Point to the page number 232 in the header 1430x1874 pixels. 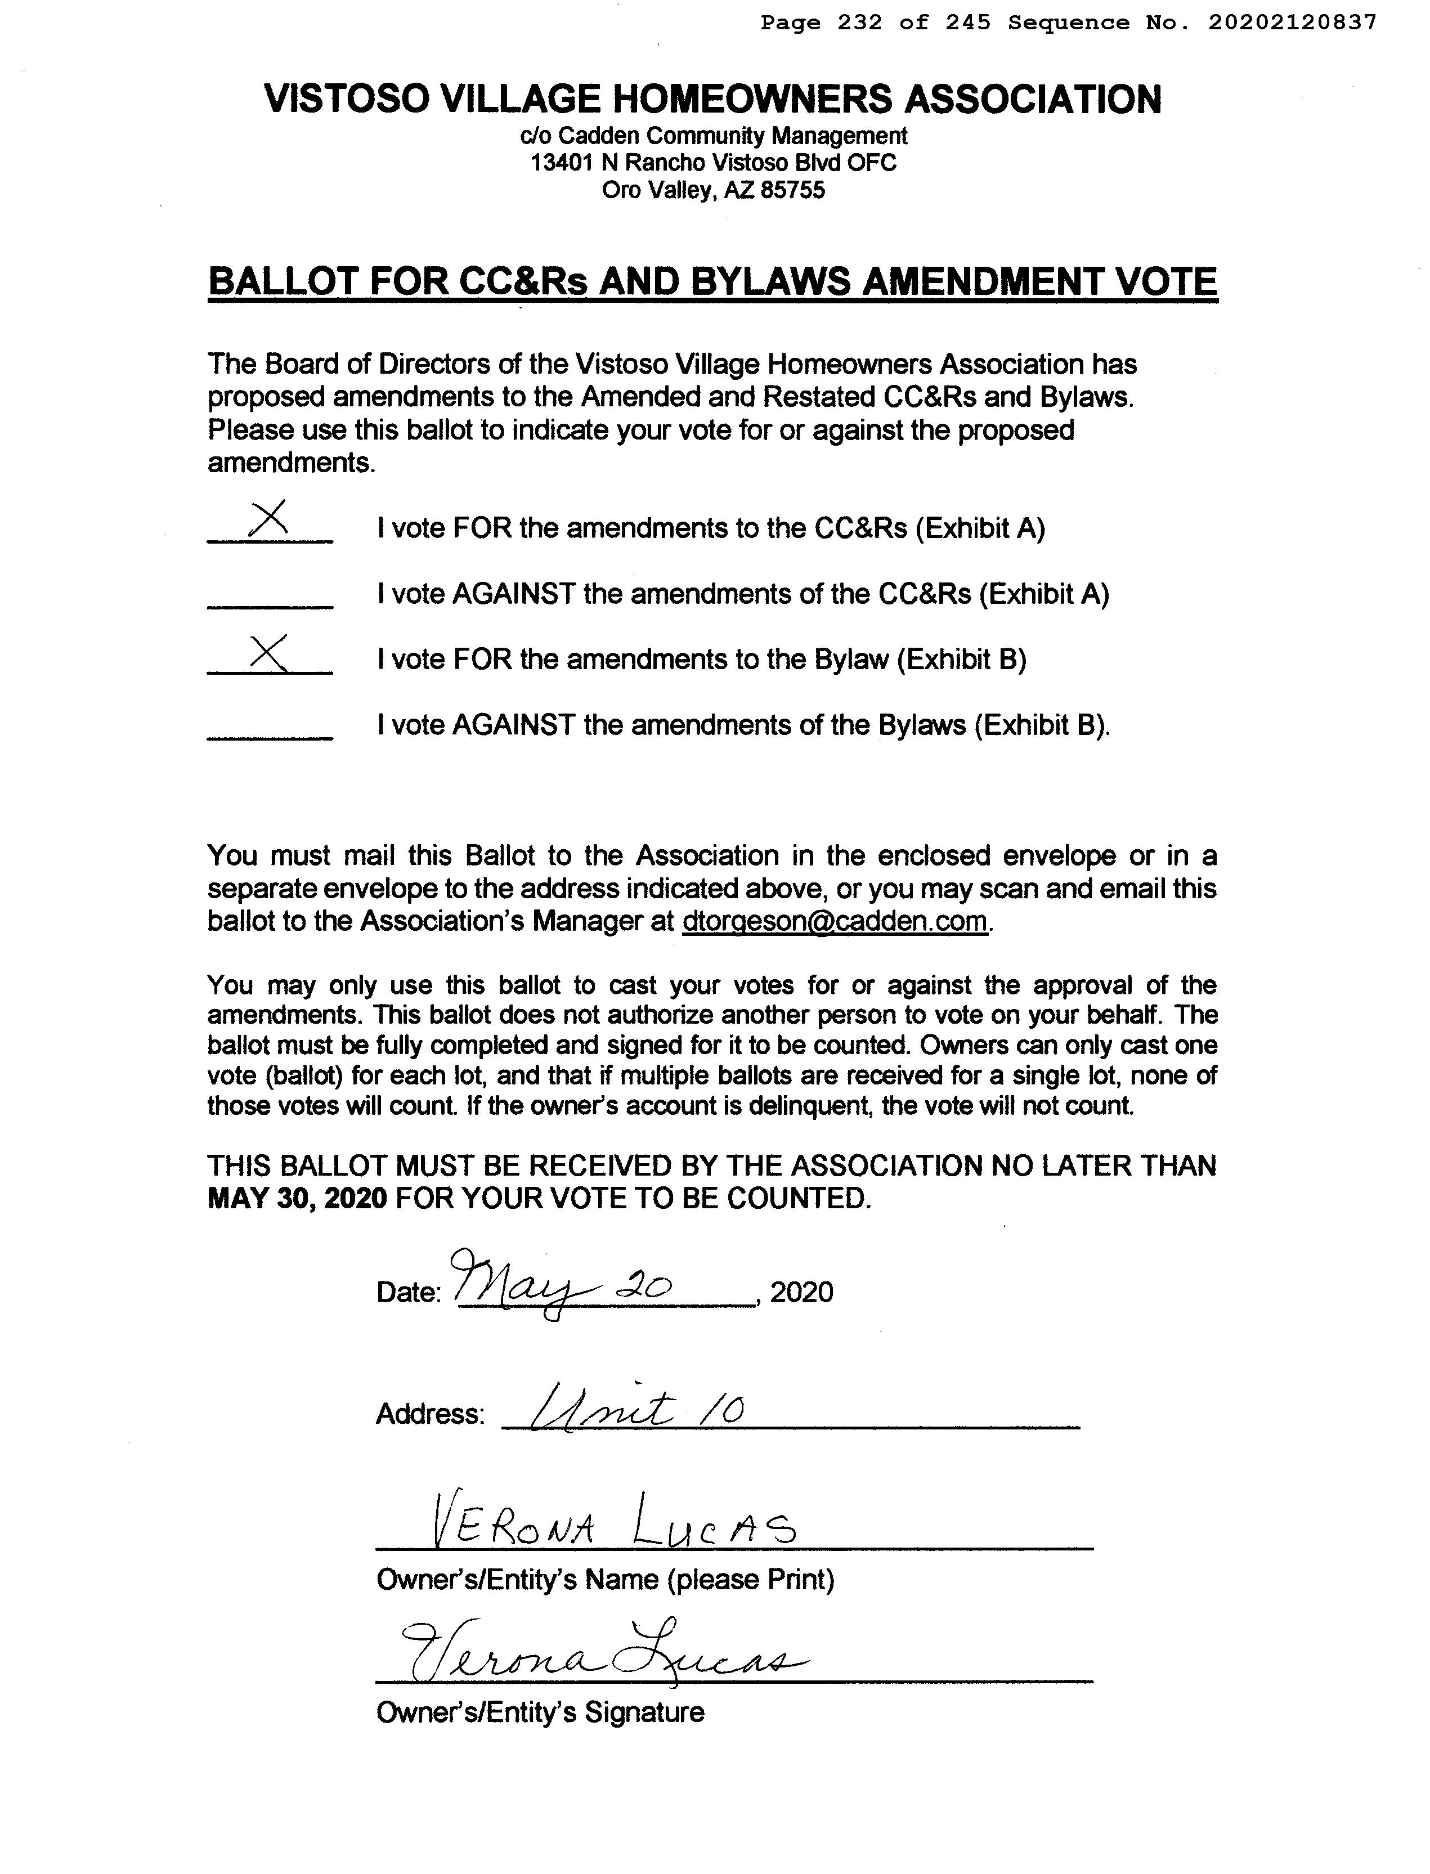click(x=860, y=23)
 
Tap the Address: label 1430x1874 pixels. click(x=430, y=1414)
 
